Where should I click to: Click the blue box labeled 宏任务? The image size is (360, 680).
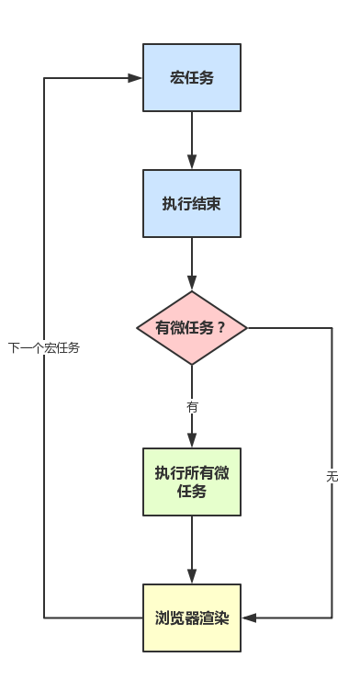(192, 78)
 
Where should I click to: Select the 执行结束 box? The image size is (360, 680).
(192, 203)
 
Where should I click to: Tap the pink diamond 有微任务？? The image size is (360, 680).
(192, 328)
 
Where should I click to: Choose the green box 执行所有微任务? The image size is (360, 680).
(192, 482)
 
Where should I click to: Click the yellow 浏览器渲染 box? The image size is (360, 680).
(192, 618)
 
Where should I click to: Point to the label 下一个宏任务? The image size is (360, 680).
(44, 347)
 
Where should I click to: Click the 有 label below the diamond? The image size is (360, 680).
(192, 406)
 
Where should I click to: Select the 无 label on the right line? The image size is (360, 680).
(332, 476)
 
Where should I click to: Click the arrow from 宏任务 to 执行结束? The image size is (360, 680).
(192, 141)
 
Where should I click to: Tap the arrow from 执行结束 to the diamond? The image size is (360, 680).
(192, 265)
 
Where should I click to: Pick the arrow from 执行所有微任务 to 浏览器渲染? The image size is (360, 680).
(192, 550)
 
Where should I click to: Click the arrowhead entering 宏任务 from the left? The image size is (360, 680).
(135, 78)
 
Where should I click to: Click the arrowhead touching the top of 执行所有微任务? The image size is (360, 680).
(192, 441)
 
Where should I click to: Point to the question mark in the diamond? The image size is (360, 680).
(221, 328)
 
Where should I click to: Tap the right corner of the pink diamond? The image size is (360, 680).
(246, 328)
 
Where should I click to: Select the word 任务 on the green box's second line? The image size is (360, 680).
(192, 492)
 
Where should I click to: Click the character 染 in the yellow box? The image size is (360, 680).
(220, 618)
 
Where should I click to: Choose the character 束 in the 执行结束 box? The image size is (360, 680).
(213, 203)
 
